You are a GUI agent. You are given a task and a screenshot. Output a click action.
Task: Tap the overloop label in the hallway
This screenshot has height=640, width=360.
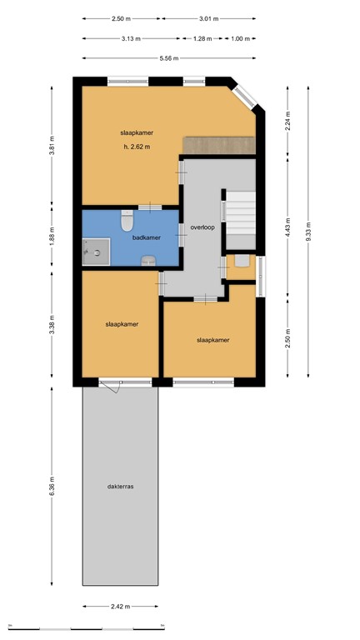pyautogui.click(x=202, y=227)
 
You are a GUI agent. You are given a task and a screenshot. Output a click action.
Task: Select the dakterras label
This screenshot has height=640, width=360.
pyautogui.click(x=121, y=487)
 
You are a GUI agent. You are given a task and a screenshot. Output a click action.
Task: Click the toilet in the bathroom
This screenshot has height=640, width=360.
pyautogui.click(x=127, y=222)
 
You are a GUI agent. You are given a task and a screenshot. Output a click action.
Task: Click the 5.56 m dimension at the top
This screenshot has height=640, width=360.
pyautogui.click(x=169, y=57)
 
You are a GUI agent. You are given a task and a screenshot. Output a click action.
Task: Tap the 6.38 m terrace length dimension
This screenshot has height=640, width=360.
pyautogui.click(x=52, y=487)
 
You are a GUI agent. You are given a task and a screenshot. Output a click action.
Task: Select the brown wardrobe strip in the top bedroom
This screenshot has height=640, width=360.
pyautogui.click(x=219, y=144)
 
